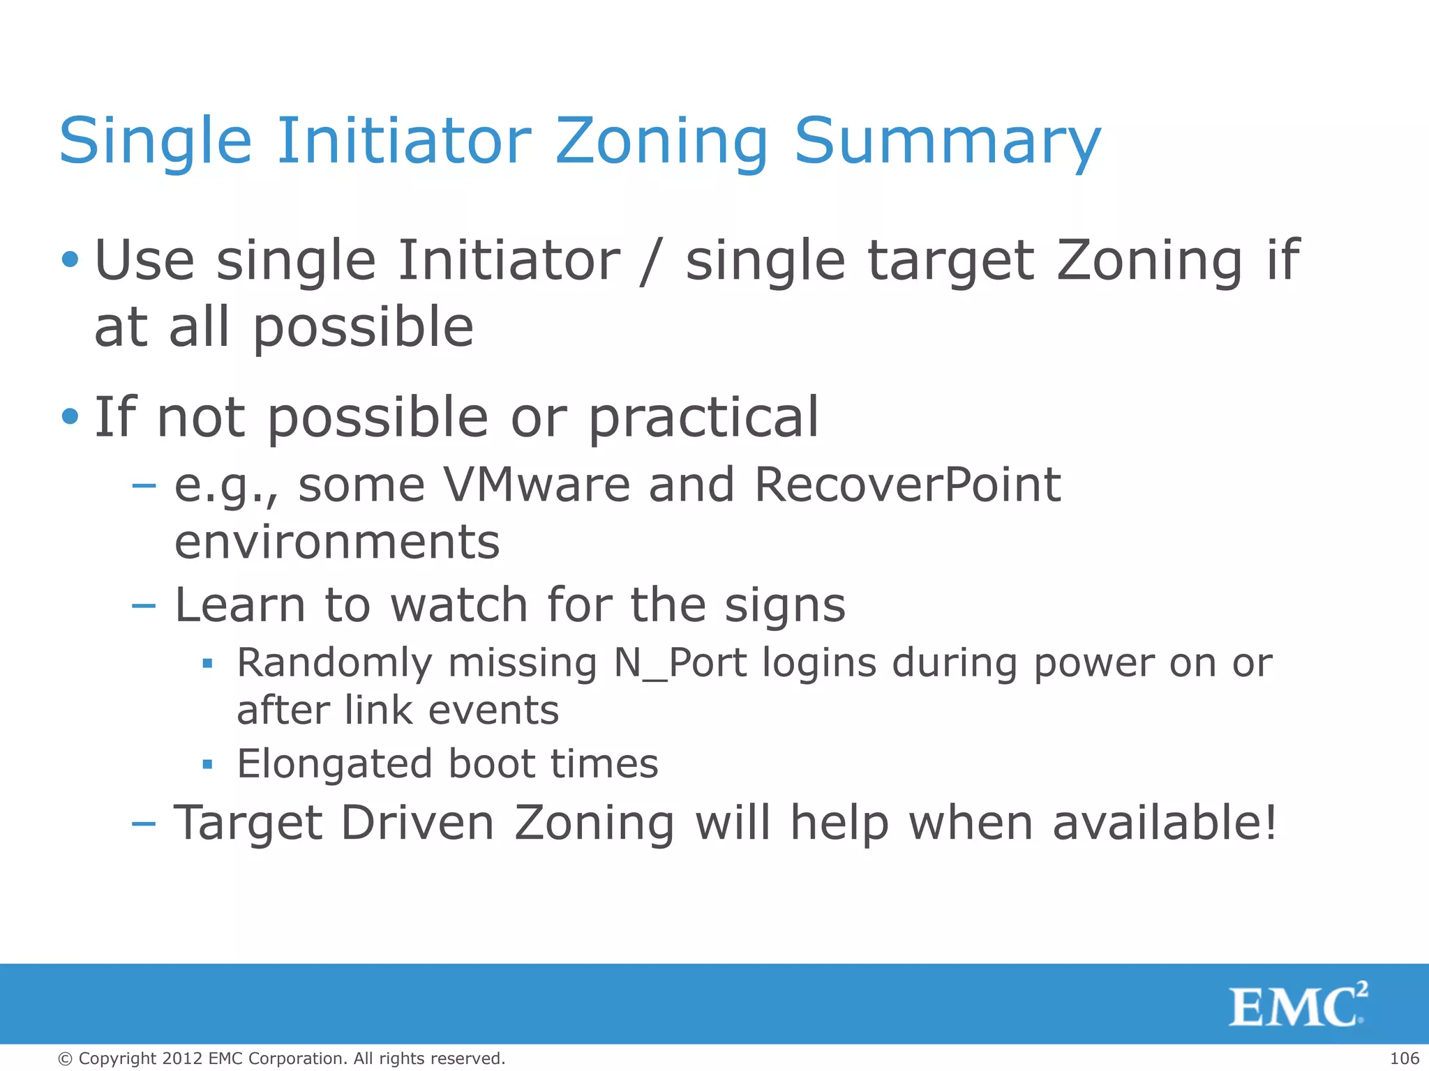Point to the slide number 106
(1404, 1058)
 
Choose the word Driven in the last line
(417, 823)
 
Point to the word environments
(337, 542)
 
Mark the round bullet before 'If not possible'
(70, 417)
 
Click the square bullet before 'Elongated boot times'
(207, 764)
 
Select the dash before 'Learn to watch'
(144, 605)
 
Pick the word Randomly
(334, 662)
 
